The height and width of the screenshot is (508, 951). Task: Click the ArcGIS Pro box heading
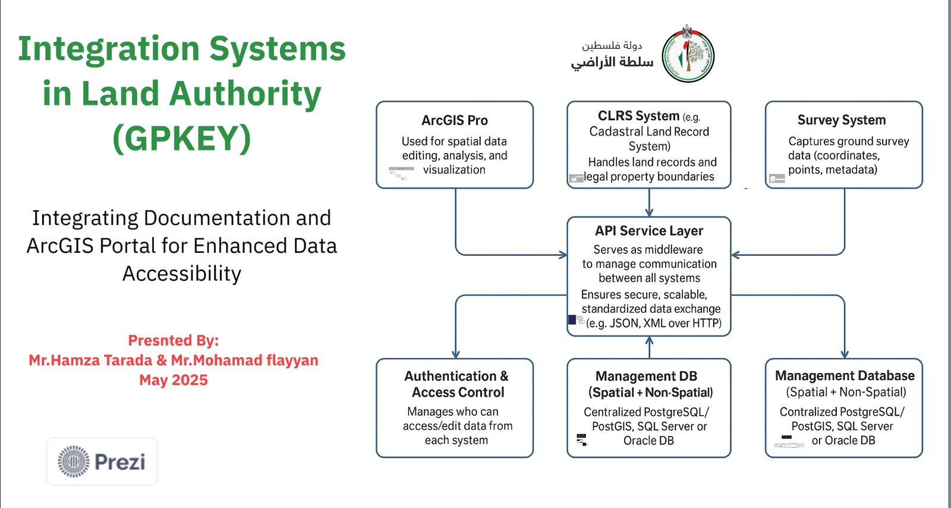pos(455,120)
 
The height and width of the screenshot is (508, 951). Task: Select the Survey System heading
pos(842,120)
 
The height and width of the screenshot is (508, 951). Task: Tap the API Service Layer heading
pos(649,231)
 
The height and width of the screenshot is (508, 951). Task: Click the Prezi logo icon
pos(74,462)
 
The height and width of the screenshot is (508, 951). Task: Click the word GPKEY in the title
pos(182,138)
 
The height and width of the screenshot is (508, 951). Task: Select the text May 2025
pos(174,380)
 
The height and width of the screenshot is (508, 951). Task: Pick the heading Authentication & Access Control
pos(456,384)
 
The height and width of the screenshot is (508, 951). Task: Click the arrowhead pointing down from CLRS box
pos(649,212)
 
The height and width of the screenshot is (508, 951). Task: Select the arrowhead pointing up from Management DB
pos(649,341)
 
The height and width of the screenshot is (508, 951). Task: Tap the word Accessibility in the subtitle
pos(182,274)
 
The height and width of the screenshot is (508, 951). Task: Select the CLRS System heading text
pos(638,116)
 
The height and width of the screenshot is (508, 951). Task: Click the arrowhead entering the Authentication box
pos(456,354)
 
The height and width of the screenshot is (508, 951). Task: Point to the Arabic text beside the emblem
pos(612,55)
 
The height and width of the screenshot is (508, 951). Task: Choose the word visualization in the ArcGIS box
pos(454,170)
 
